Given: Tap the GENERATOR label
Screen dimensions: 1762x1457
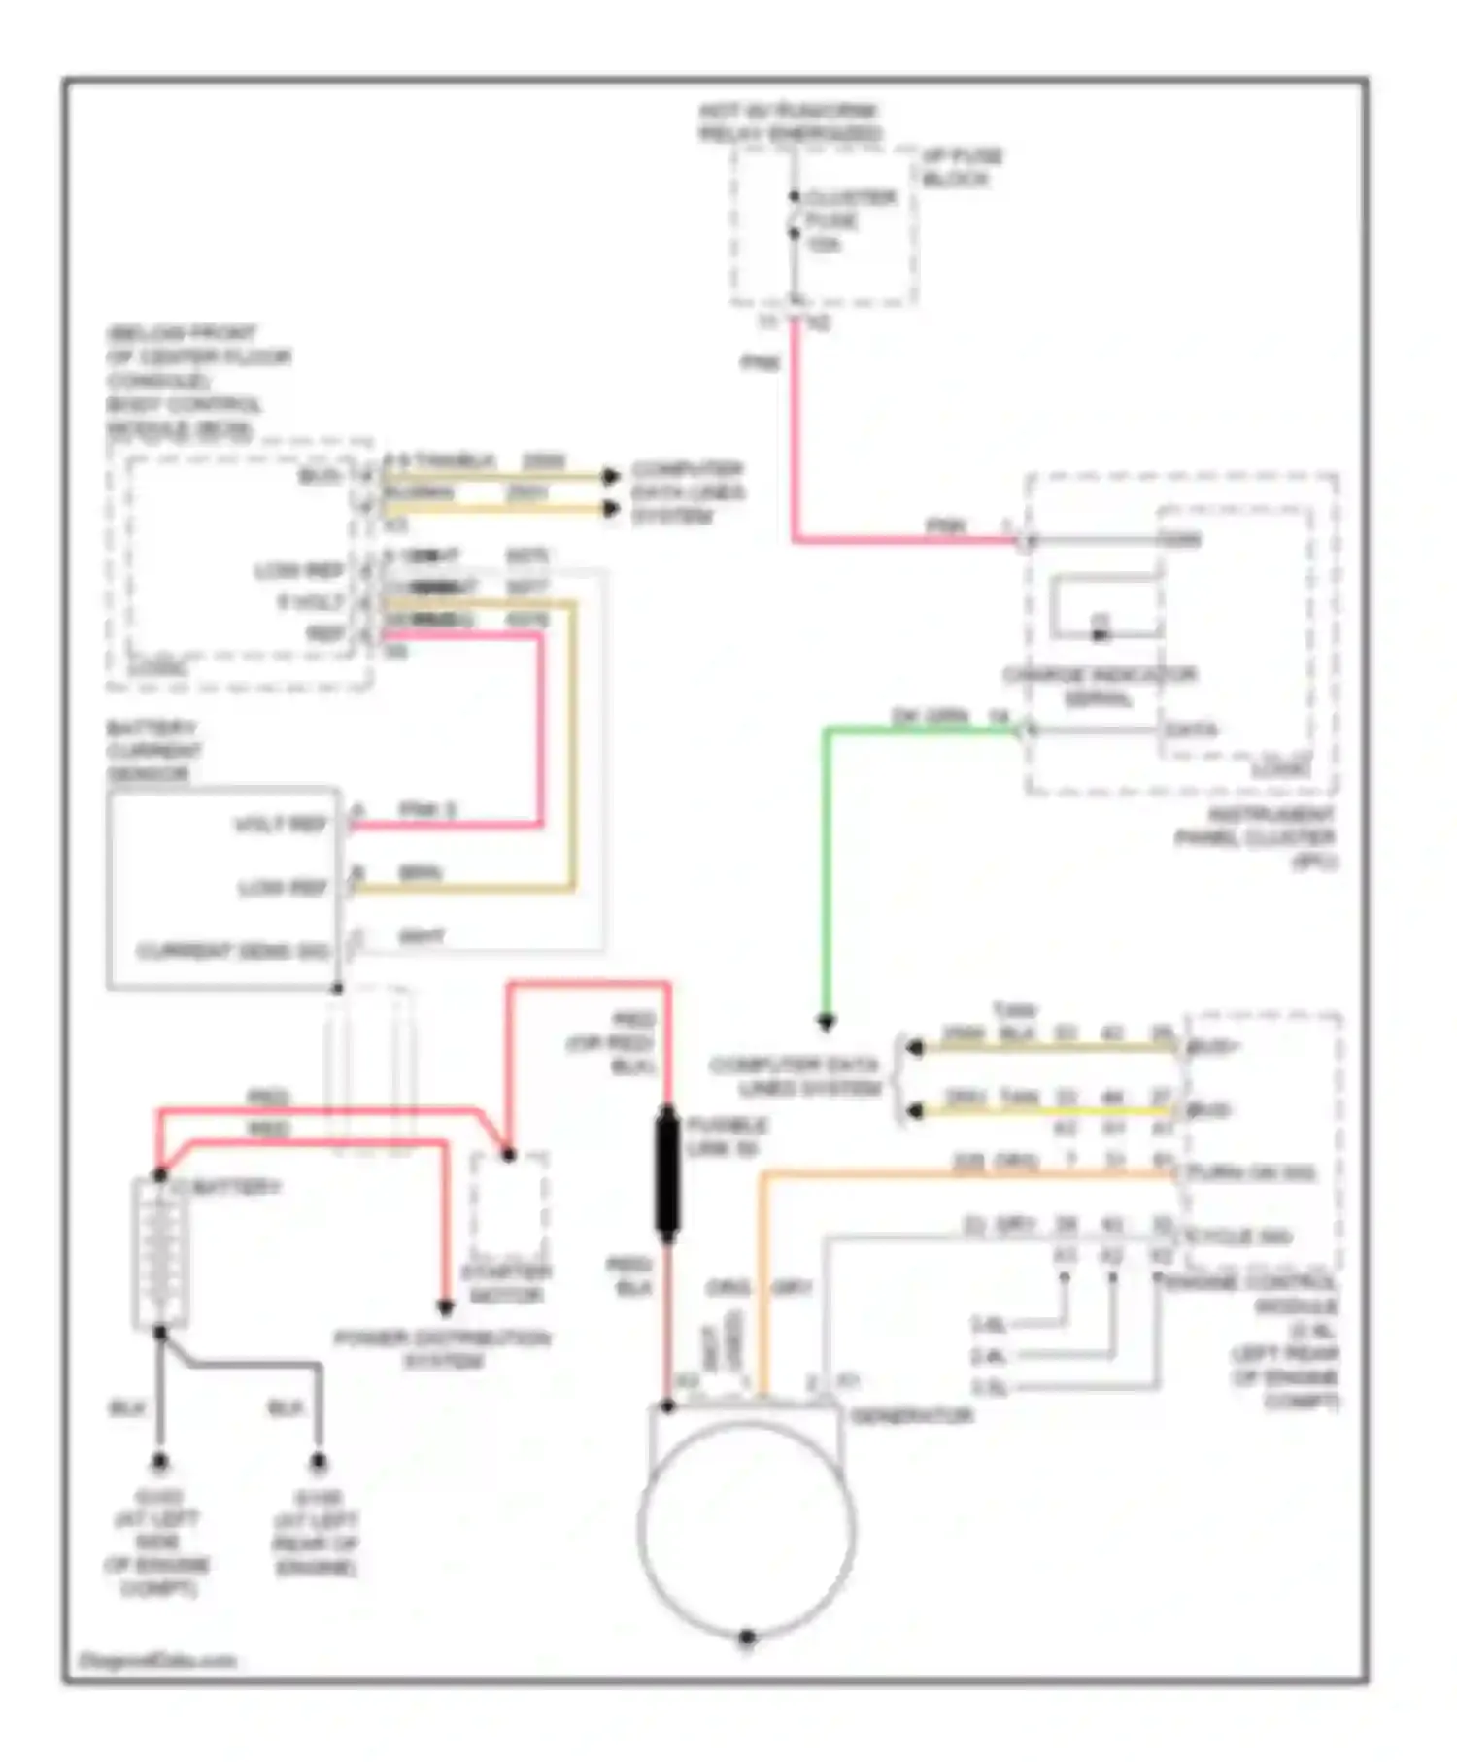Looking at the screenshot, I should point(911,1415).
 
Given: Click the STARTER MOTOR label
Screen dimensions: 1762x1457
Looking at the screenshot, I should point(506,1283).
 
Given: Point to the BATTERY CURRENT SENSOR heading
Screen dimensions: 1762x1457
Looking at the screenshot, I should point(152,751).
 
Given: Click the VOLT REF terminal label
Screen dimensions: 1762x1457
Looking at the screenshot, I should point(281,825).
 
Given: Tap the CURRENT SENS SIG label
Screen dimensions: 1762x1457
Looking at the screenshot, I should point(232,950).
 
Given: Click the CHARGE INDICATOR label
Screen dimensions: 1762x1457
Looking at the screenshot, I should point(1100,685).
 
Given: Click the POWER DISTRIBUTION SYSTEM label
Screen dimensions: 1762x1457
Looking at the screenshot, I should point(442,1349).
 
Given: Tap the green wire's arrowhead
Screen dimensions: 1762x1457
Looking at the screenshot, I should point(826,1021).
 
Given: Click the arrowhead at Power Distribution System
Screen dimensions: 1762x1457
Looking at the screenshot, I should point(445,1307).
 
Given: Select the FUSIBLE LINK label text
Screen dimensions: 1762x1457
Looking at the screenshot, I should point(726,1136).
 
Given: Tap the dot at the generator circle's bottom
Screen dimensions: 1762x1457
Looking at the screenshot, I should point(747,1637).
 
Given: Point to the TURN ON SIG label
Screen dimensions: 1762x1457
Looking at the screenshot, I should point(1249,1173).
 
